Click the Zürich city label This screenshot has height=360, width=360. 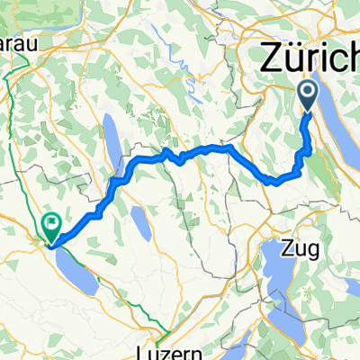[x=310, y=58]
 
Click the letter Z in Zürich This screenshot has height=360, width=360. [x=274, y=58]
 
